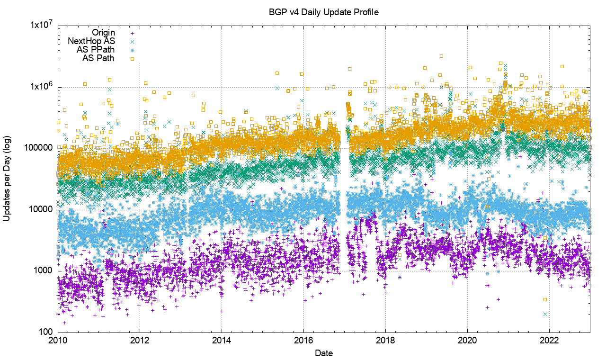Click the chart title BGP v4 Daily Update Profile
[x=323, y=12]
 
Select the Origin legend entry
[x=103, y=33]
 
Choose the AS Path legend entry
[x=98, y=58]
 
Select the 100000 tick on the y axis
[x=40, y=148]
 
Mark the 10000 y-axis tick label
[x=42, y=209]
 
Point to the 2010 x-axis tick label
[x=58, y=341]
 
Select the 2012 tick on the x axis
[x=140, y=341]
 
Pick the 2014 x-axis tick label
[x=222, y=341]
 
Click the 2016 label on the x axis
[x=303, y=341]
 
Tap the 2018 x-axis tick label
[x=385, y=341]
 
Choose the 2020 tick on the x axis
[x=467, y=341]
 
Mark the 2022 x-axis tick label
[x=549, y=341]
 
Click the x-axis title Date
[x=323, y=353]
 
